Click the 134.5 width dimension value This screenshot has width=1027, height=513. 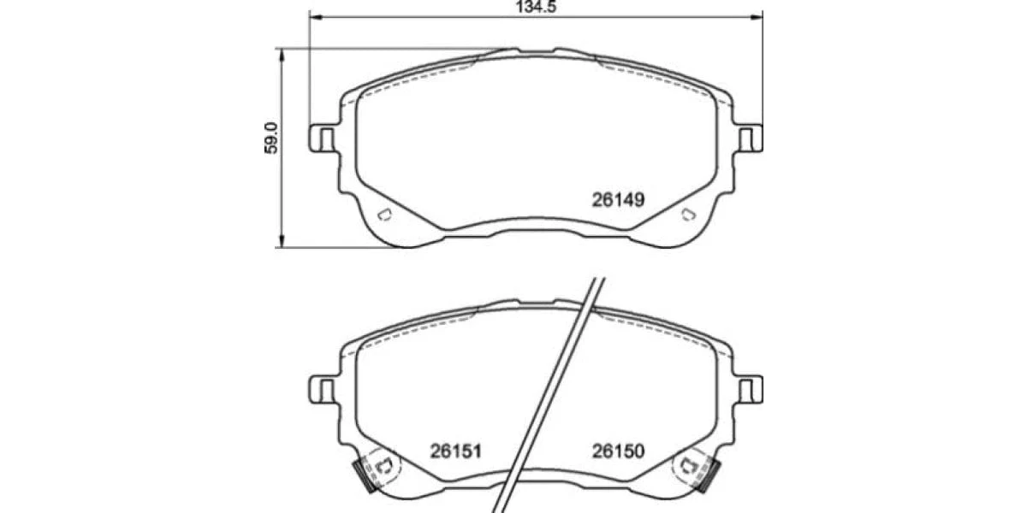pyautogui.click(x=536, y=7)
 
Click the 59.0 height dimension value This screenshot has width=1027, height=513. pyautogui.click(x=271, y=139)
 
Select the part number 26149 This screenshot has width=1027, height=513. pyautogui.click(x=618, y=200)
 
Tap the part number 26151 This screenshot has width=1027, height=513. pyautogui.click(x=455, y=451)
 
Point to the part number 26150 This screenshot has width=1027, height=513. pyautogui.click(x=618, y=451)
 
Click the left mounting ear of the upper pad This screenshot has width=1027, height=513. pyautogui.click(x=324, y=138)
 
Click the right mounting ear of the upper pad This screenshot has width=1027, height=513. pyautogui.click(x=748, y=138)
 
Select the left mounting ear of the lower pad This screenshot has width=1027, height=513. pyautogui.click(x=324, y=389)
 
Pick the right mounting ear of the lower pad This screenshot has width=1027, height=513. pyautogui.click(x=748, y=389)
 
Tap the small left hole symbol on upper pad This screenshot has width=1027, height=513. pyautogui.click(x=384, y=215)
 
